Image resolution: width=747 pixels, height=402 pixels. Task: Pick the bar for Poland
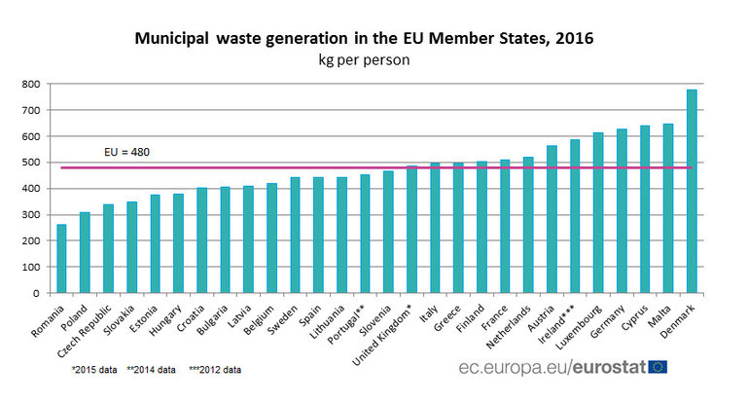pos(86,252)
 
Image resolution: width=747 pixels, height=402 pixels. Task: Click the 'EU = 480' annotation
pos(126,153)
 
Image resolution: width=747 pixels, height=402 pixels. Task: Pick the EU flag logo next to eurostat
pos(658,367)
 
